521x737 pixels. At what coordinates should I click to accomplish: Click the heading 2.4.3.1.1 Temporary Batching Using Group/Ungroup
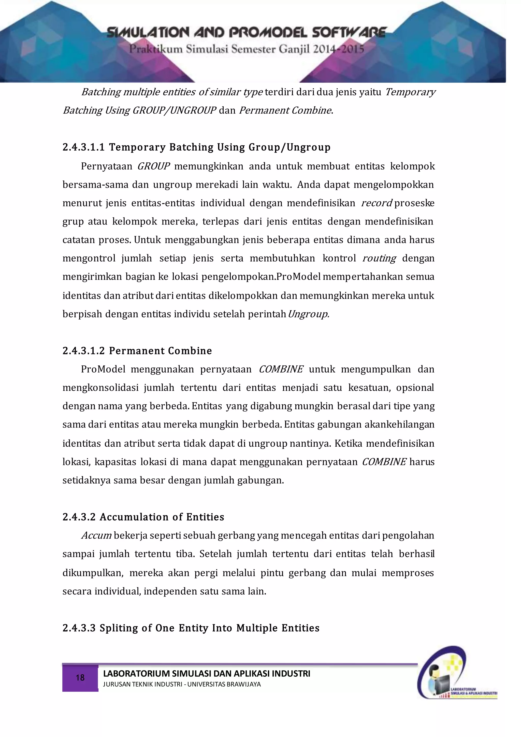(196, 147)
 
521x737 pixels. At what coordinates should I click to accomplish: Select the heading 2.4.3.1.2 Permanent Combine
(137, 351)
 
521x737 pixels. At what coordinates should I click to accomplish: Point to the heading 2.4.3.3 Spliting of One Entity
(191, 628)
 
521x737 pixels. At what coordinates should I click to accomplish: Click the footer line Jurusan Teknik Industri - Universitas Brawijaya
(182, 684)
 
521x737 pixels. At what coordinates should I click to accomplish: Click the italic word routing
(379, 258)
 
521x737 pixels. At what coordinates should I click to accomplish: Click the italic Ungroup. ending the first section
(308, 314)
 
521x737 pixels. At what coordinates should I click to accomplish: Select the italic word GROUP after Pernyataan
(153, 166)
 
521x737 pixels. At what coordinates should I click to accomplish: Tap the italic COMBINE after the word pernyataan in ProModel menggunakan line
(281, 369)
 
